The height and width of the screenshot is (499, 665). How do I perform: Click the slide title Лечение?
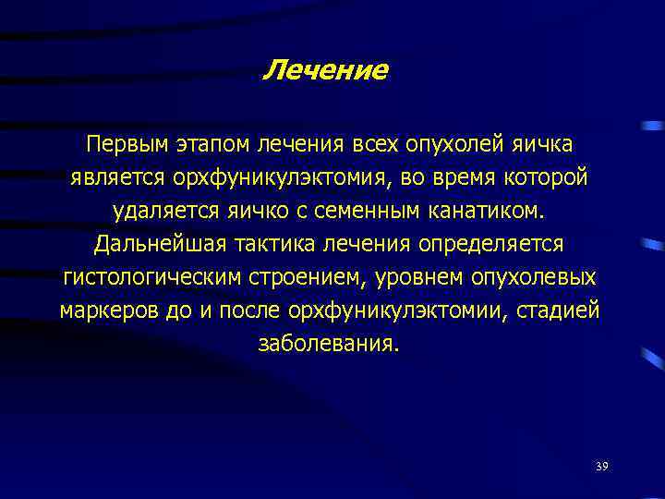[x=325, y=70]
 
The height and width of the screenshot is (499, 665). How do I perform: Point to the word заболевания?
[x=330, y=344]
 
